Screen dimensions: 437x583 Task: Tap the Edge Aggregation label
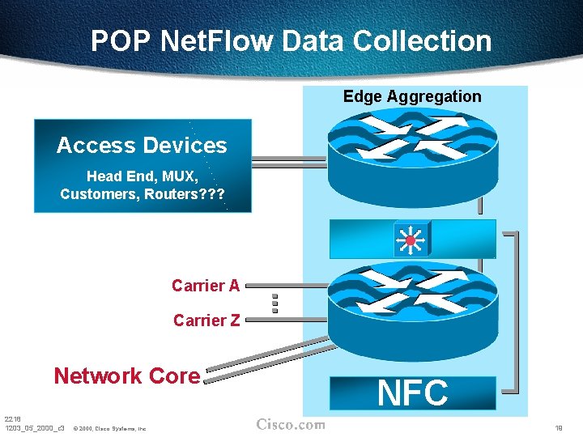412,96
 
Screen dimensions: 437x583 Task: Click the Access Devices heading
142,146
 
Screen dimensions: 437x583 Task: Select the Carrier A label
206,286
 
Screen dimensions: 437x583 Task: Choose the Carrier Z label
206,320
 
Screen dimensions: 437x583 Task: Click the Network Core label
126,375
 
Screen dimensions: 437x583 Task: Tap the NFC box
413,393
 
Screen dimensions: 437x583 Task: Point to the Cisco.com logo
291,424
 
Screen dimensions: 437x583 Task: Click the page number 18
559,426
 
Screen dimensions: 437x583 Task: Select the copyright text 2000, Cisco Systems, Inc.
109,427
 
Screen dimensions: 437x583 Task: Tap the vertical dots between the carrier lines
275,303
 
